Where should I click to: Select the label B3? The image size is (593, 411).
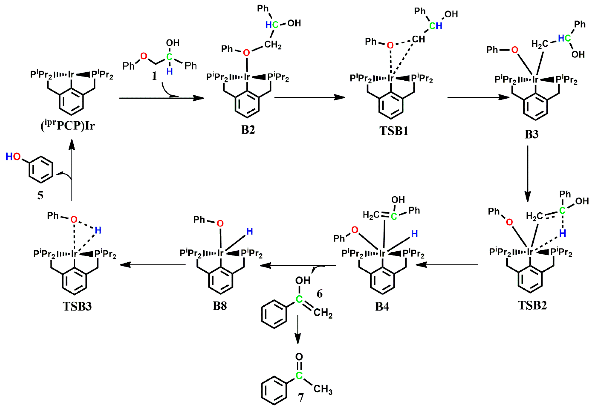[x=532, y=134]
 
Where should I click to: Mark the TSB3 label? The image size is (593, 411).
[x=77, y=306]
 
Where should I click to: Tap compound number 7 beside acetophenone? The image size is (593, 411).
[x=301, y=398]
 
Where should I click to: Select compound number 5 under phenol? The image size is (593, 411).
[x=40, y=195]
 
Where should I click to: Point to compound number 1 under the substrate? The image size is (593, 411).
[x=154, y=76]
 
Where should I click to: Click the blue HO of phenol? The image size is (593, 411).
[x=13, y=156]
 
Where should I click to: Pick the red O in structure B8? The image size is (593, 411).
[x=220, y=223]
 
